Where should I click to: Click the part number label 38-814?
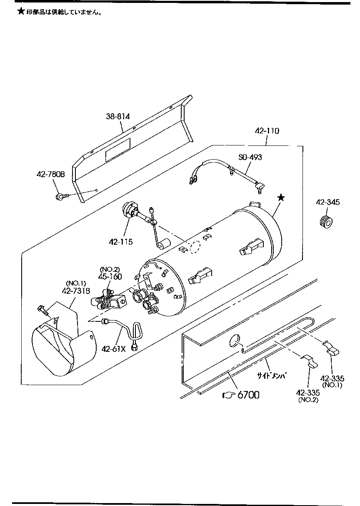pos(117,117)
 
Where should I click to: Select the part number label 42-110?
pos(267,131)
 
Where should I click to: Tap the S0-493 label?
pos(250,157)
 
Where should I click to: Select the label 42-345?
pos(327,202)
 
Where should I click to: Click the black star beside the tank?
pos(281,198)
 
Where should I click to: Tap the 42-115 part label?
pos(121,241)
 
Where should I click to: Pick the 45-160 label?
pos(110,276)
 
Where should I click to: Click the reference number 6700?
pos(248,395)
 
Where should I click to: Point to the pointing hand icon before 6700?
pos(228,395)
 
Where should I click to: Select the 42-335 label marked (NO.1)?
pos(332,378)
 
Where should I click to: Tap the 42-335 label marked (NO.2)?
pos(307,393)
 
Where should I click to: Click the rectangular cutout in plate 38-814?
pos(117,150)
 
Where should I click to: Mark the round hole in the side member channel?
pos(235,342)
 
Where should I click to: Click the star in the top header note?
pos(21,11)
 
